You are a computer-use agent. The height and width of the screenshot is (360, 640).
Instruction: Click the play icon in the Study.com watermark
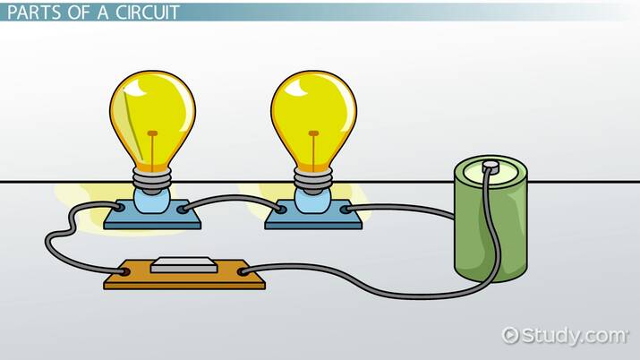(x=511, y=336)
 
